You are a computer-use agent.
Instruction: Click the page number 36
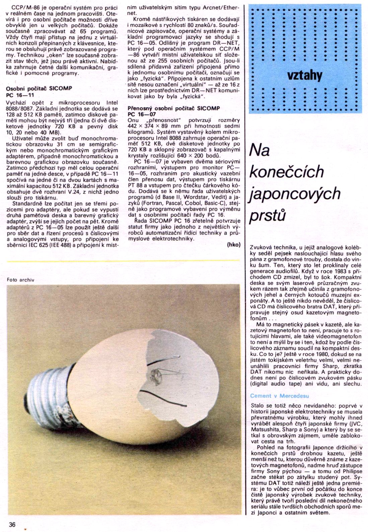coord(12,524)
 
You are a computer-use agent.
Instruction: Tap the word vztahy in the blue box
coord(305,75)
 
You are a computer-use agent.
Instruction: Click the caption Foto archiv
coord(20,280)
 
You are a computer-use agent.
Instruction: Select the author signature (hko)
coord(234,245)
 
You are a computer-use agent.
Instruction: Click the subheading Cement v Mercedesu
coord(279,396)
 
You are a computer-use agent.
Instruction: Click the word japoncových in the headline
coord(295,194)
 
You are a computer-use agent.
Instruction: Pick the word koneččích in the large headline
coord(287,171)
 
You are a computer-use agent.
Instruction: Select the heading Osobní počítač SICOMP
coord(39,89)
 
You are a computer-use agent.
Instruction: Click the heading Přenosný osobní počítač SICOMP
coord(174,108)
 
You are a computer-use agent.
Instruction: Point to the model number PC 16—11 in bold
coord(20,95)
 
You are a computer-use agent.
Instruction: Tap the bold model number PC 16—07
coord(142,114)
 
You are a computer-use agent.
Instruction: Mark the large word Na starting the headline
coord(260,150)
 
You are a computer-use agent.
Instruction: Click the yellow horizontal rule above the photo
coord(123,261)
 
